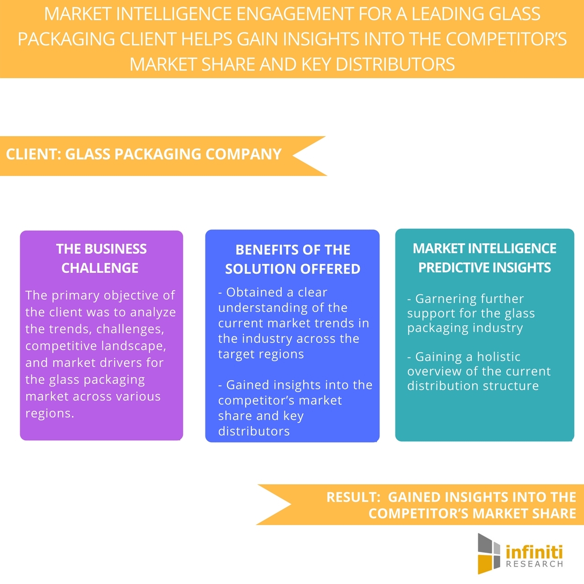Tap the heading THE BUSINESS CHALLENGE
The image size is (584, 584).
pos(101,258)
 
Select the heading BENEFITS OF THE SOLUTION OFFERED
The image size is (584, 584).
pos(292,259)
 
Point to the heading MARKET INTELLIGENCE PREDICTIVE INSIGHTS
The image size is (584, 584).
pos(484,258)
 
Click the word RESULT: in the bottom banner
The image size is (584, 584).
pos(353,497)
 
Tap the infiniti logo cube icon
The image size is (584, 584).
pos(489,553)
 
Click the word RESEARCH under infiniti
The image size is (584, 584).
pos(534,565)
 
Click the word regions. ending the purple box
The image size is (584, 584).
pos(50,414)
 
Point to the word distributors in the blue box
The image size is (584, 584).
pos(254,431)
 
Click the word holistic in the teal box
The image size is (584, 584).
pos(498,357)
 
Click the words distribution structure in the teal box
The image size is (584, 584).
pos(473,386)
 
